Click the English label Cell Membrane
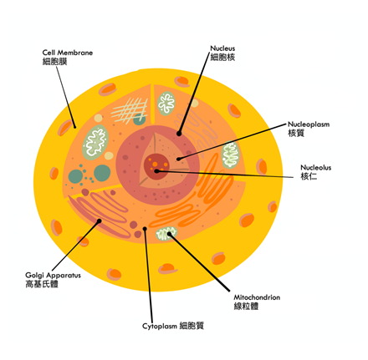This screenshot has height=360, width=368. pyautogui.click(x=68, y=53)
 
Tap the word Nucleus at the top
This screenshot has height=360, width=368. pyautogui.click(x=222, y=48)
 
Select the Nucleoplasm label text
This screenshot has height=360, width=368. pyautogui.click(x=309, y=124)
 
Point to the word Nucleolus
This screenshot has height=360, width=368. pyautogui.click(x=316, y=168)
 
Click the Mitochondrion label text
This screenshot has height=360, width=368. pyautogui.click(x=257, y=297)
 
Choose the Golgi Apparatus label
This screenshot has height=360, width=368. pyautogui.click(x=53, y=276)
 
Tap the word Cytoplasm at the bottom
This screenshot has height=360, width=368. pyautogui.click(x=160, y=326)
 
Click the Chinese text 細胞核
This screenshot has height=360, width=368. pyautogui.click(x=222, y=57)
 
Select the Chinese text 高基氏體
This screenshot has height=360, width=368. pyautogui.click(x=42, y=284)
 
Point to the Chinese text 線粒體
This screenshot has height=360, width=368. pyautogui.click(x=246, y=307)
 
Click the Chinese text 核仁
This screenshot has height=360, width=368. pyautogui.click(x=309, y=176)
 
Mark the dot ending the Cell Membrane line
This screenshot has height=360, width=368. pyautogui.click(x=74, y=127)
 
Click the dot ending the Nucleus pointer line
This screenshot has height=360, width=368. pyautogui.click(x=179, y=134)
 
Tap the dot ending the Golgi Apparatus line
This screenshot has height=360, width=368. pyautogui.click(x=99, y=221)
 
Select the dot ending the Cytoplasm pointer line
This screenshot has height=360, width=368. pyautogui.click(x=145, y=229)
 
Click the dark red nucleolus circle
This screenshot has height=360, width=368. pyautogui.click(x=156, y=166)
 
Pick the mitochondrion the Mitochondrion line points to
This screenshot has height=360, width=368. pyautogui.click(x=166, y=234)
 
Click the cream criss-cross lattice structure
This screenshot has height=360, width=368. pyautogui.click(x=130, y=110)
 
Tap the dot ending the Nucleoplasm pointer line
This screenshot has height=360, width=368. pyautogui.click(x=178, y=160)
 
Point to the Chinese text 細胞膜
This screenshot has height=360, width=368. pyautogui.click(x=55, y=61)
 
